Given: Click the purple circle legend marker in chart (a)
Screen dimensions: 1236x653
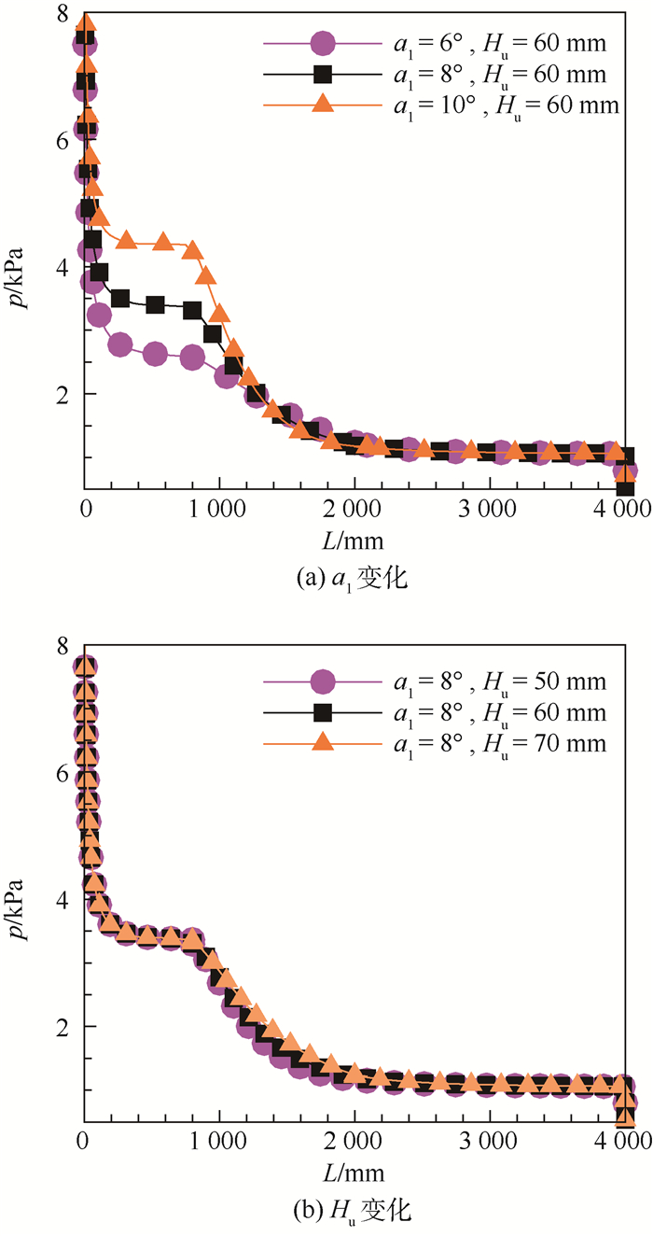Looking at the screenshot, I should point(322,43).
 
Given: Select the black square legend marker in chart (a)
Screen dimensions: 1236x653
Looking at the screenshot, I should point(322,74).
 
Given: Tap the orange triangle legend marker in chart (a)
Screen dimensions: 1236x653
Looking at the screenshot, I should point(322,105).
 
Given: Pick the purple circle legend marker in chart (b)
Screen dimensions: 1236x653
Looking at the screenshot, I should point(322,683).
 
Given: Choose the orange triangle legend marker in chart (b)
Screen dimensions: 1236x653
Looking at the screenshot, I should point(322,743).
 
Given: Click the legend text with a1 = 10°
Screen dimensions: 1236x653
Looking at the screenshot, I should point(503,105).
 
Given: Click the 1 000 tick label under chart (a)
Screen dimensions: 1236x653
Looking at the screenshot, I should point(220,509).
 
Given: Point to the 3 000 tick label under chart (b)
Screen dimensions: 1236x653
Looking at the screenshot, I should point(491,1142).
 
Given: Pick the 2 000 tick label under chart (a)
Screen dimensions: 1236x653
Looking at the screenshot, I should point(355,509).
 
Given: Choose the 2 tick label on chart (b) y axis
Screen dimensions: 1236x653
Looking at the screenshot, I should point(62,1027).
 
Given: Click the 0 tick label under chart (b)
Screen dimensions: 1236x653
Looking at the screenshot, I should point(85,1142).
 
